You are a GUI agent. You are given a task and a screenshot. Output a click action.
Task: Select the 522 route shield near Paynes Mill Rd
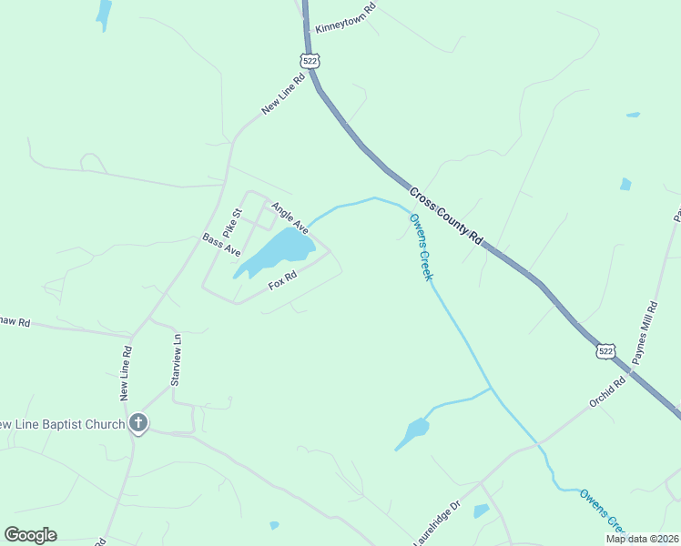click(606, 350)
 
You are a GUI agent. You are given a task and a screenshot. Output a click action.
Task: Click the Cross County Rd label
click(445, 217)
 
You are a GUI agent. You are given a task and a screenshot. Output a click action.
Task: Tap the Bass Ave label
click(221, 245)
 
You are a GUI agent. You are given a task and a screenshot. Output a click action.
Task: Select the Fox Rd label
click(283, 280)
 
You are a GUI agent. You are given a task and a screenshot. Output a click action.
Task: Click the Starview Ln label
click(178, 355)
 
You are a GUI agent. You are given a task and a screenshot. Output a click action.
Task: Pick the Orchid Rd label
click(606, 390)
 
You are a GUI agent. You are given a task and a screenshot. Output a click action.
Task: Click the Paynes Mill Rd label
click(645, 333)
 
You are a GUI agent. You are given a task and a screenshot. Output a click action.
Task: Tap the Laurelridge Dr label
click(438, 523)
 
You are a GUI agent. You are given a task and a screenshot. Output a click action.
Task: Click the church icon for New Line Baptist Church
click(138, 422)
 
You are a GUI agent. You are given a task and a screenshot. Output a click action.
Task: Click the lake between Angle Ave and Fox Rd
click(277, 250)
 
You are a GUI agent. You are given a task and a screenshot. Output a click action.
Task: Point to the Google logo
click(30, 535)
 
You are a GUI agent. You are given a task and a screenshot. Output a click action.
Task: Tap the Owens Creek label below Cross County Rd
click(420, 246)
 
